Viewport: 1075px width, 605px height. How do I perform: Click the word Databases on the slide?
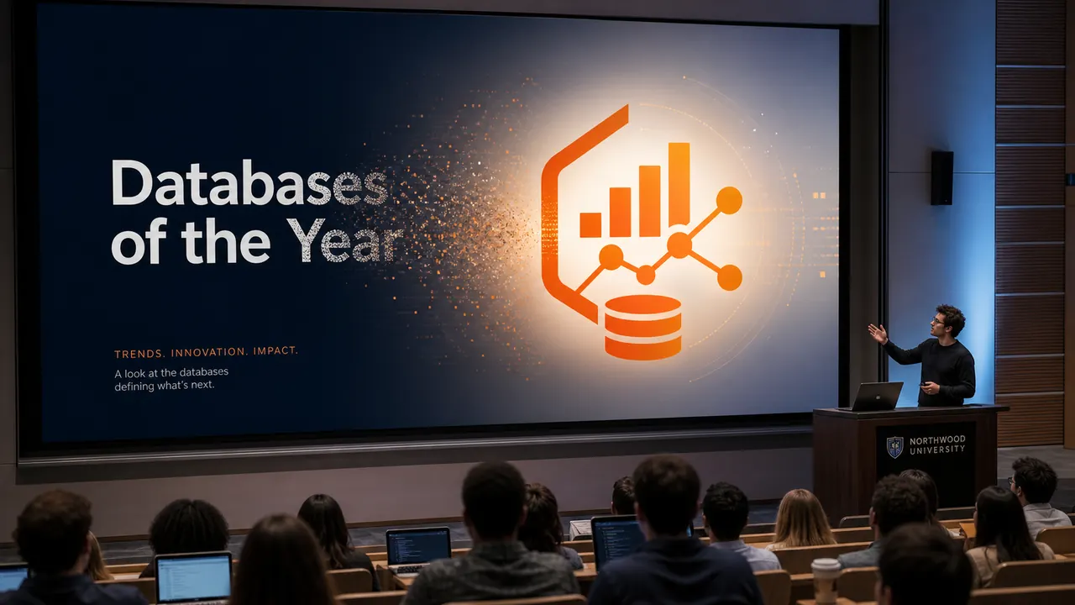[x=249, y=183]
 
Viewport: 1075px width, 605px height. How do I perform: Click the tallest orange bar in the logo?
[x=679, y=184]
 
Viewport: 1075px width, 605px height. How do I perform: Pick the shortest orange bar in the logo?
[x=590, y=224]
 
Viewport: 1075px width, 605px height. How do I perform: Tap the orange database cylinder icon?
[x=642, y=328]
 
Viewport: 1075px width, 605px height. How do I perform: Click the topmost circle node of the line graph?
[x=729, y=200]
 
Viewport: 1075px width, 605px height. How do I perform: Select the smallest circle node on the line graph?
[x=646, y=275]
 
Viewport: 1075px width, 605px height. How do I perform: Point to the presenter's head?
[x=947, y=320]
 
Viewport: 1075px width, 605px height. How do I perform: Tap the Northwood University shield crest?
[x=894, y=447]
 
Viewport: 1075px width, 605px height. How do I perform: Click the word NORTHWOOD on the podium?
[x=937, y=440]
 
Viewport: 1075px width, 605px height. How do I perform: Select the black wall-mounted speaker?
[x=942, y=177]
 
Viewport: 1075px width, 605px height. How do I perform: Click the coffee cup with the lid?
[x=826, y=580]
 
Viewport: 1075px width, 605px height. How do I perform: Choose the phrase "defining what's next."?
[x=164, y=386]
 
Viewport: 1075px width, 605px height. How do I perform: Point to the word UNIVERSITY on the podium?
[x=937, y=450]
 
